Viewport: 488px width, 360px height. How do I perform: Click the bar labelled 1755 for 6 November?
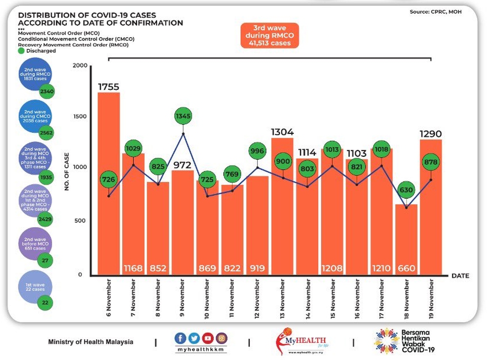108,183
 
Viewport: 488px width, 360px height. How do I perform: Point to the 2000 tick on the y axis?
80,66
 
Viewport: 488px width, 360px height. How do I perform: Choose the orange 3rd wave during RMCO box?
269,35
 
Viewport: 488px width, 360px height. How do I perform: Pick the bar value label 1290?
431,134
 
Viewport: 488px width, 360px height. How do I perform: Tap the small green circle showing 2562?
47,132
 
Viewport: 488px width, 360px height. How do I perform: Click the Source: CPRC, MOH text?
435,11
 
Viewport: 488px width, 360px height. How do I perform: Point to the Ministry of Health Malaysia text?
91,342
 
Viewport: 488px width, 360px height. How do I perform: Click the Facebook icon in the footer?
182,338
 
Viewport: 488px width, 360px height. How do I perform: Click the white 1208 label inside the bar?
332,268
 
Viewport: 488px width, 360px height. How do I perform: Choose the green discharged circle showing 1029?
133,148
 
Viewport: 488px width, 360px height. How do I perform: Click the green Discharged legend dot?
21,50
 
